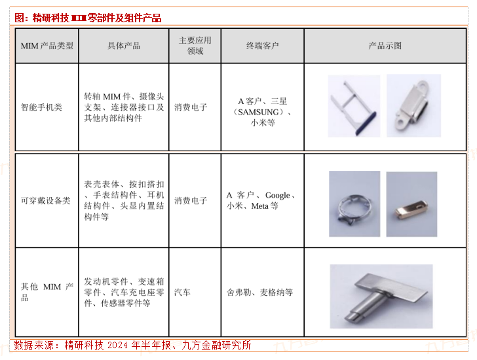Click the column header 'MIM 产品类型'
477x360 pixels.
pyautogui.click(x=47, y=46)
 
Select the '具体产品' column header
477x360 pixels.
pyautogui.click(x=123, y=46)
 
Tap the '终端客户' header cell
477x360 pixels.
pyautogui.click(x=262, y=46)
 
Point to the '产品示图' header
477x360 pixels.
pyautogui.click(x=385, y=46)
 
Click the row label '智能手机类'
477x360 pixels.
pyautogui.click(x=41, y=107)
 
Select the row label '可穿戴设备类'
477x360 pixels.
pyautogui.click(x=46, y=200)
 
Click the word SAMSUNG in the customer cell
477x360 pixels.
pyautogui.click(x=258, y=112)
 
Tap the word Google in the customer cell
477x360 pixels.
pyautogui.click(x=277, y=195)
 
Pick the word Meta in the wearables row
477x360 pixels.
pyautogui.click(x=259, y=206)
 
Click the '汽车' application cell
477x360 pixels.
pyautogui.click(x=182, y=292)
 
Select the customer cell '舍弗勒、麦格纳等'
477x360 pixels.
pyautogui.click(x=259, y=292)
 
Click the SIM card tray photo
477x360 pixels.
pyautogui.click(x=354, y=106)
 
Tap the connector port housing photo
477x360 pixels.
pyautogui.click(x=413, y=106)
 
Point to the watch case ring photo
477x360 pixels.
pyautogui.click(x=354, y=204)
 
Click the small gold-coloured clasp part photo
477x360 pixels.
pyautogui.click(x=411, y=204)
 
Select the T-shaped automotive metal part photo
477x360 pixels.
pyautogui.click(x=381, y=297)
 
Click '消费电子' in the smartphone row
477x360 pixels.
pyautogui.click(x=191, y=107)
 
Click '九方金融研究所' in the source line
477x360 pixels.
pyautogui.click(x=216, y=345)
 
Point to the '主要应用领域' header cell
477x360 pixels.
pyautogui.click(x=195, y=46)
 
